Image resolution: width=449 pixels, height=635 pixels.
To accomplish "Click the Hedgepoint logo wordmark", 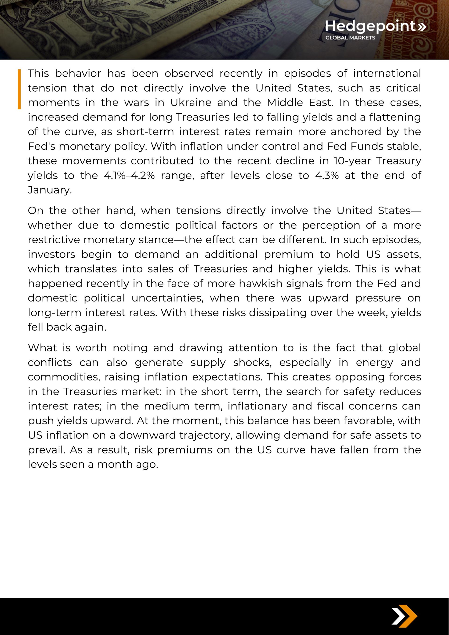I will pyautogui.click(x=370, y=26).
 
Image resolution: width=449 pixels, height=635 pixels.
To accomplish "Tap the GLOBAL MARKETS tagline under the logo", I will pyautogui.click(x=350, y=38).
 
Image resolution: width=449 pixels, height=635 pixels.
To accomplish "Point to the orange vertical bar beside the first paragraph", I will pyautogui.click(x=19, y=89).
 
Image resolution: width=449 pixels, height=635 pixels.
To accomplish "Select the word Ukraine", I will pyautogui.click(x=191, y=103).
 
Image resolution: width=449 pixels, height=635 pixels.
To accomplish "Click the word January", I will pyautogui.click(x=49, y=190).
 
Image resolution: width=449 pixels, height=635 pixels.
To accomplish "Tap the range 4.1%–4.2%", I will pyautogui.click(x=129, y=175).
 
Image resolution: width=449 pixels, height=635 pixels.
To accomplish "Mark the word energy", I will pyautogui.click(x=374, y=362).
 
